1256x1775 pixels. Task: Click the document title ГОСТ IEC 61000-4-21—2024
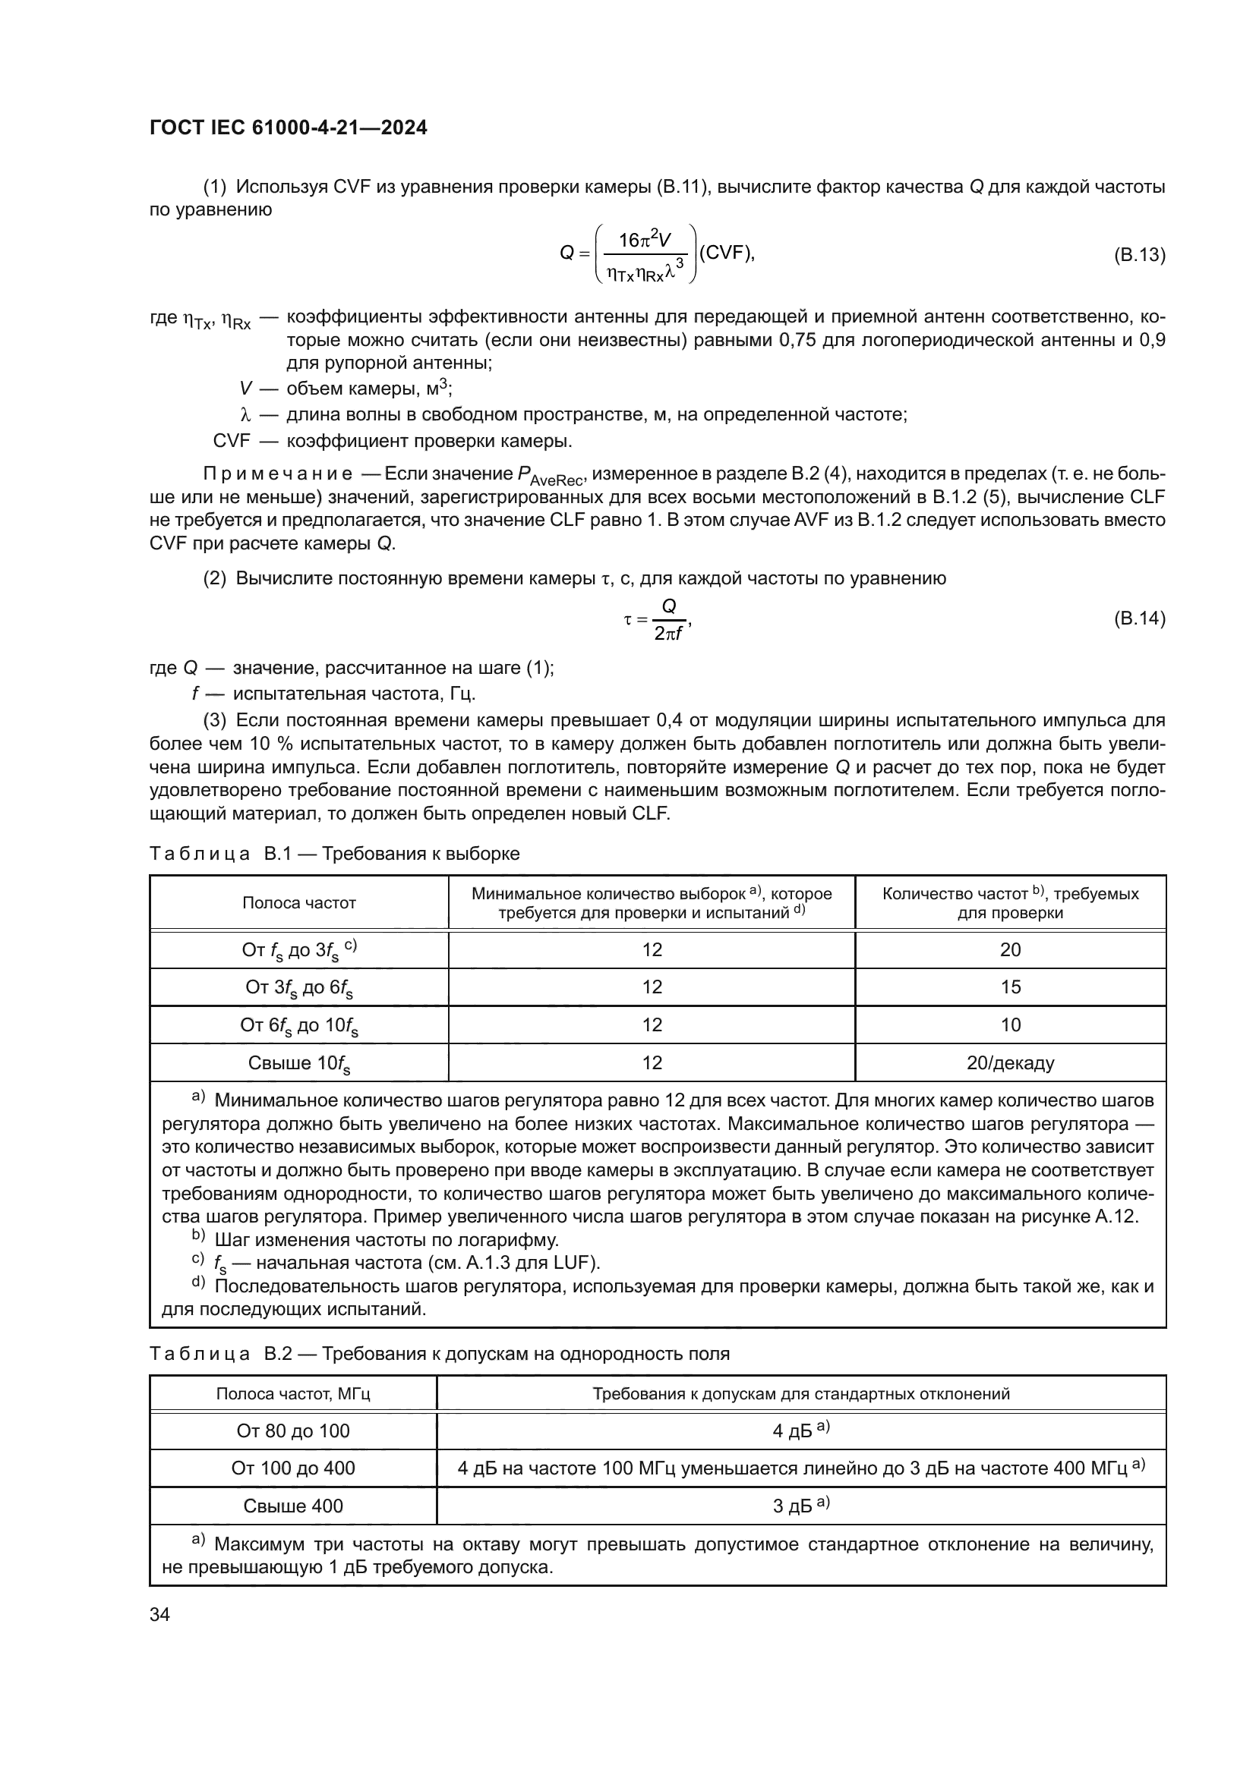pyautogui.click(x=288, y=128)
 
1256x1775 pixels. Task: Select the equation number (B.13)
pyautogui.click(x=1139, y=255)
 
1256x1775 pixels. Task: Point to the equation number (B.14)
pyautogui.click(x=1139, y=618)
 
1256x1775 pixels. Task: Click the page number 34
pyautogui.click(x=159, y=1614)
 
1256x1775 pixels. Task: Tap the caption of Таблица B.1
pyautogui.click(x=334, y=854)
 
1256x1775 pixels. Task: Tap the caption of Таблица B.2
pyautogui.click(x=438, y=1354)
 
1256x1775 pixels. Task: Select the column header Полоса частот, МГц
pyautogui.click(x=293, y=1394)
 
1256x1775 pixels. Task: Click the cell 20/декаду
pyautogui.click(x=1010, y=1063)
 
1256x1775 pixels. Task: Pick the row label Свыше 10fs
pyautogui.click(x=298, y=1064)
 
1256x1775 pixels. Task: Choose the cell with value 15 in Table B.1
pyautogui.click(x=1010, y=987)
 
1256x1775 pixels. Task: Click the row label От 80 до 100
pyautogui.click(x=293, y=1431)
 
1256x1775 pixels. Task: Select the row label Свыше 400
pyautogui.click(x=293, y=1506)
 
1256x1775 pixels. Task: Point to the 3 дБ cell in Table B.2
pyautogui.click(x=800, y=1506)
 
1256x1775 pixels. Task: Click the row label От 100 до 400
pyautogui.click(x=293, y=1468)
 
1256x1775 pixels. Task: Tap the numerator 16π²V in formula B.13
pyautogui.click(x=644, y=241)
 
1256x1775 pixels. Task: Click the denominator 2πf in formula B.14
pyautogui.click(x=668, y=634)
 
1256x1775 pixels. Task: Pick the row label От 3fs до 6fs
pyautogui.click(x=298, y=988)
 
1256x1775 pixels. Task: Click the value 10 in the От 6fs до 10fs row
pyautogui.click(x=1010, y=1025)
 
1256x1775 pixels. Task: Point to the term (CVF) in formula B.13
pyautogui.click(x=724, y=253)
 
